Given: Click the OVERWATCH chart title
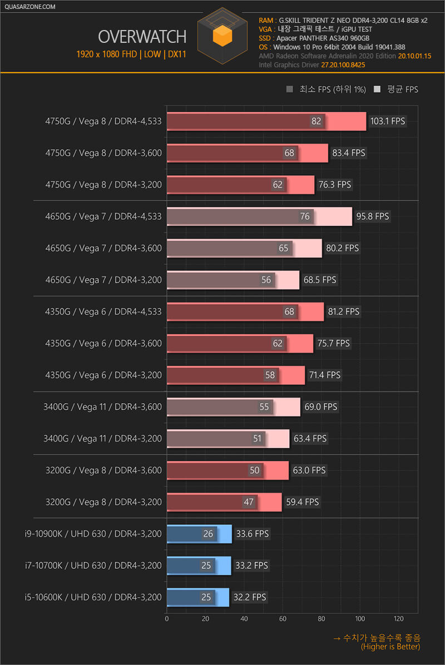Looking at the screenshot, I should tap(142, 37).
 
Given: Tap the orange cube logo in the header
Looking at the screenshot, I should tap(222, 36).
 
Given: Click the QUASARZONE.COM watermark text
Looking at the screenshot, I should tap(29, 7).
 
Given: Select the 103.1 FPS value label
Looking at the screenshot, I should tap(387, 121).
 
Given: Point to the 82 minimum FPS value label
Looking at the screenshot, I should tap(317, 121).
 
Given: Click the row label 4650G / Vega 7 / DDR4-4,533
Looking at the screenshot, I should tap(103, 216).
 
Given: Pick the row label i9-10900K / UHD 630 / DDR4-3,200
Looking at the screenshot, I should tap(93, 534).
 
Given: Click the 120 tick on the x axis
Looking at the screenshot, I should tap(398, 618).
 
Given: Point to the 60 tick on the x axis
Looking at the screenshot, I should tap(283, 618).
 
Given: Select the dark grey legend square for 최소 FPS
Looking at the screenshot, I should tap(289, 90).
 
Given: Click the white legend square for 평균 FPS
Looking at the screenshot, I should tap(378, 90).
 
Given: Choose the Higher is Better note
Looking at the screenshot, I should tap(390, 647).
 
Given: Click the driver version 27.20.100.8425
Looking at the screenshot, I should tap(343, 65).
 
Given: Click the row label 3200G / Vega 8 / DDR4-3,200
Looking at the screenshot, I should tap(103, 502).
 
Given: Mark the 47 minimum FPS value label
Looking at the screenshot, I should tap(249, 502).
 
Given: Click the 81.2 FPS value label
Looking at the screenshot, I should tap(344, 311).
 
